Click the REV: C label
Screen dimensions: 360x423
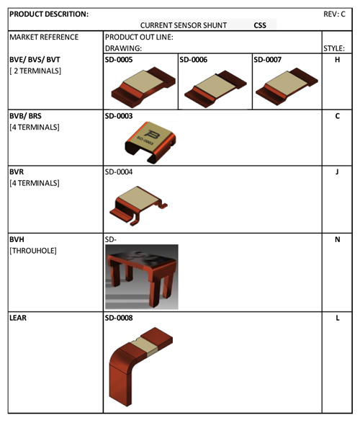(334, 14)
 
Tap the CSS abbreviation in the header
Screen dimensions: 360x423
(260, 25)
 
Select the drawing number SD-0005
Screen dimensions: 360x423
(119, 60)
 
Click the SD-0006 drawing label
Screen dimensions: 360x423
(194, 60)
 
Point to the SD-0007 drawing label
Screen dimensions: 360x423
(267, 60)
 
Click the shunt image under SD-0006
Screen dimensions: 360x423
(215, 89)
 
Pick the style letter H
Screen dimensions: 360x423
(337, 60)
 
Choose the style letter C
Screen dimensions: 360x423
(337, 116)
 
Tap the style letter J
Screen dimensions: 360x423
(337, 172)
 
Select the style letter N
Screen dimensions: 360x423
(337, 239)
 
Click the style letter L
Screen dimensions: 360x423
(338, 318)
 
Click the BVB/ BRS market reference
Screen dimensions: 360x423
(26, 116)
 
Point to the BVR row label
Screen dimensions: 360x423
(17, 172)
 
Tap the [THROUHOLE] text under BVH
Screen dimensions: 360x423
(33, 251)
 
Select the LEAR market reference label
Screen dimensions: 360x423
(18, 318)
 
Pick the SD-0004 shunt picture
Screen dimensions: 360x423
(138, 206)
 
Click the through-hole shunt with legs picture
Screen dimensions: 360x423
(142, 277)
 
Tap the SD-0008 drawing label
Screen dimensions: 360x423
(119, 318)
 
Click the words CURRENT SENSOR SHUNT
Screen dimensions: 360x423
(183, 25)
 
